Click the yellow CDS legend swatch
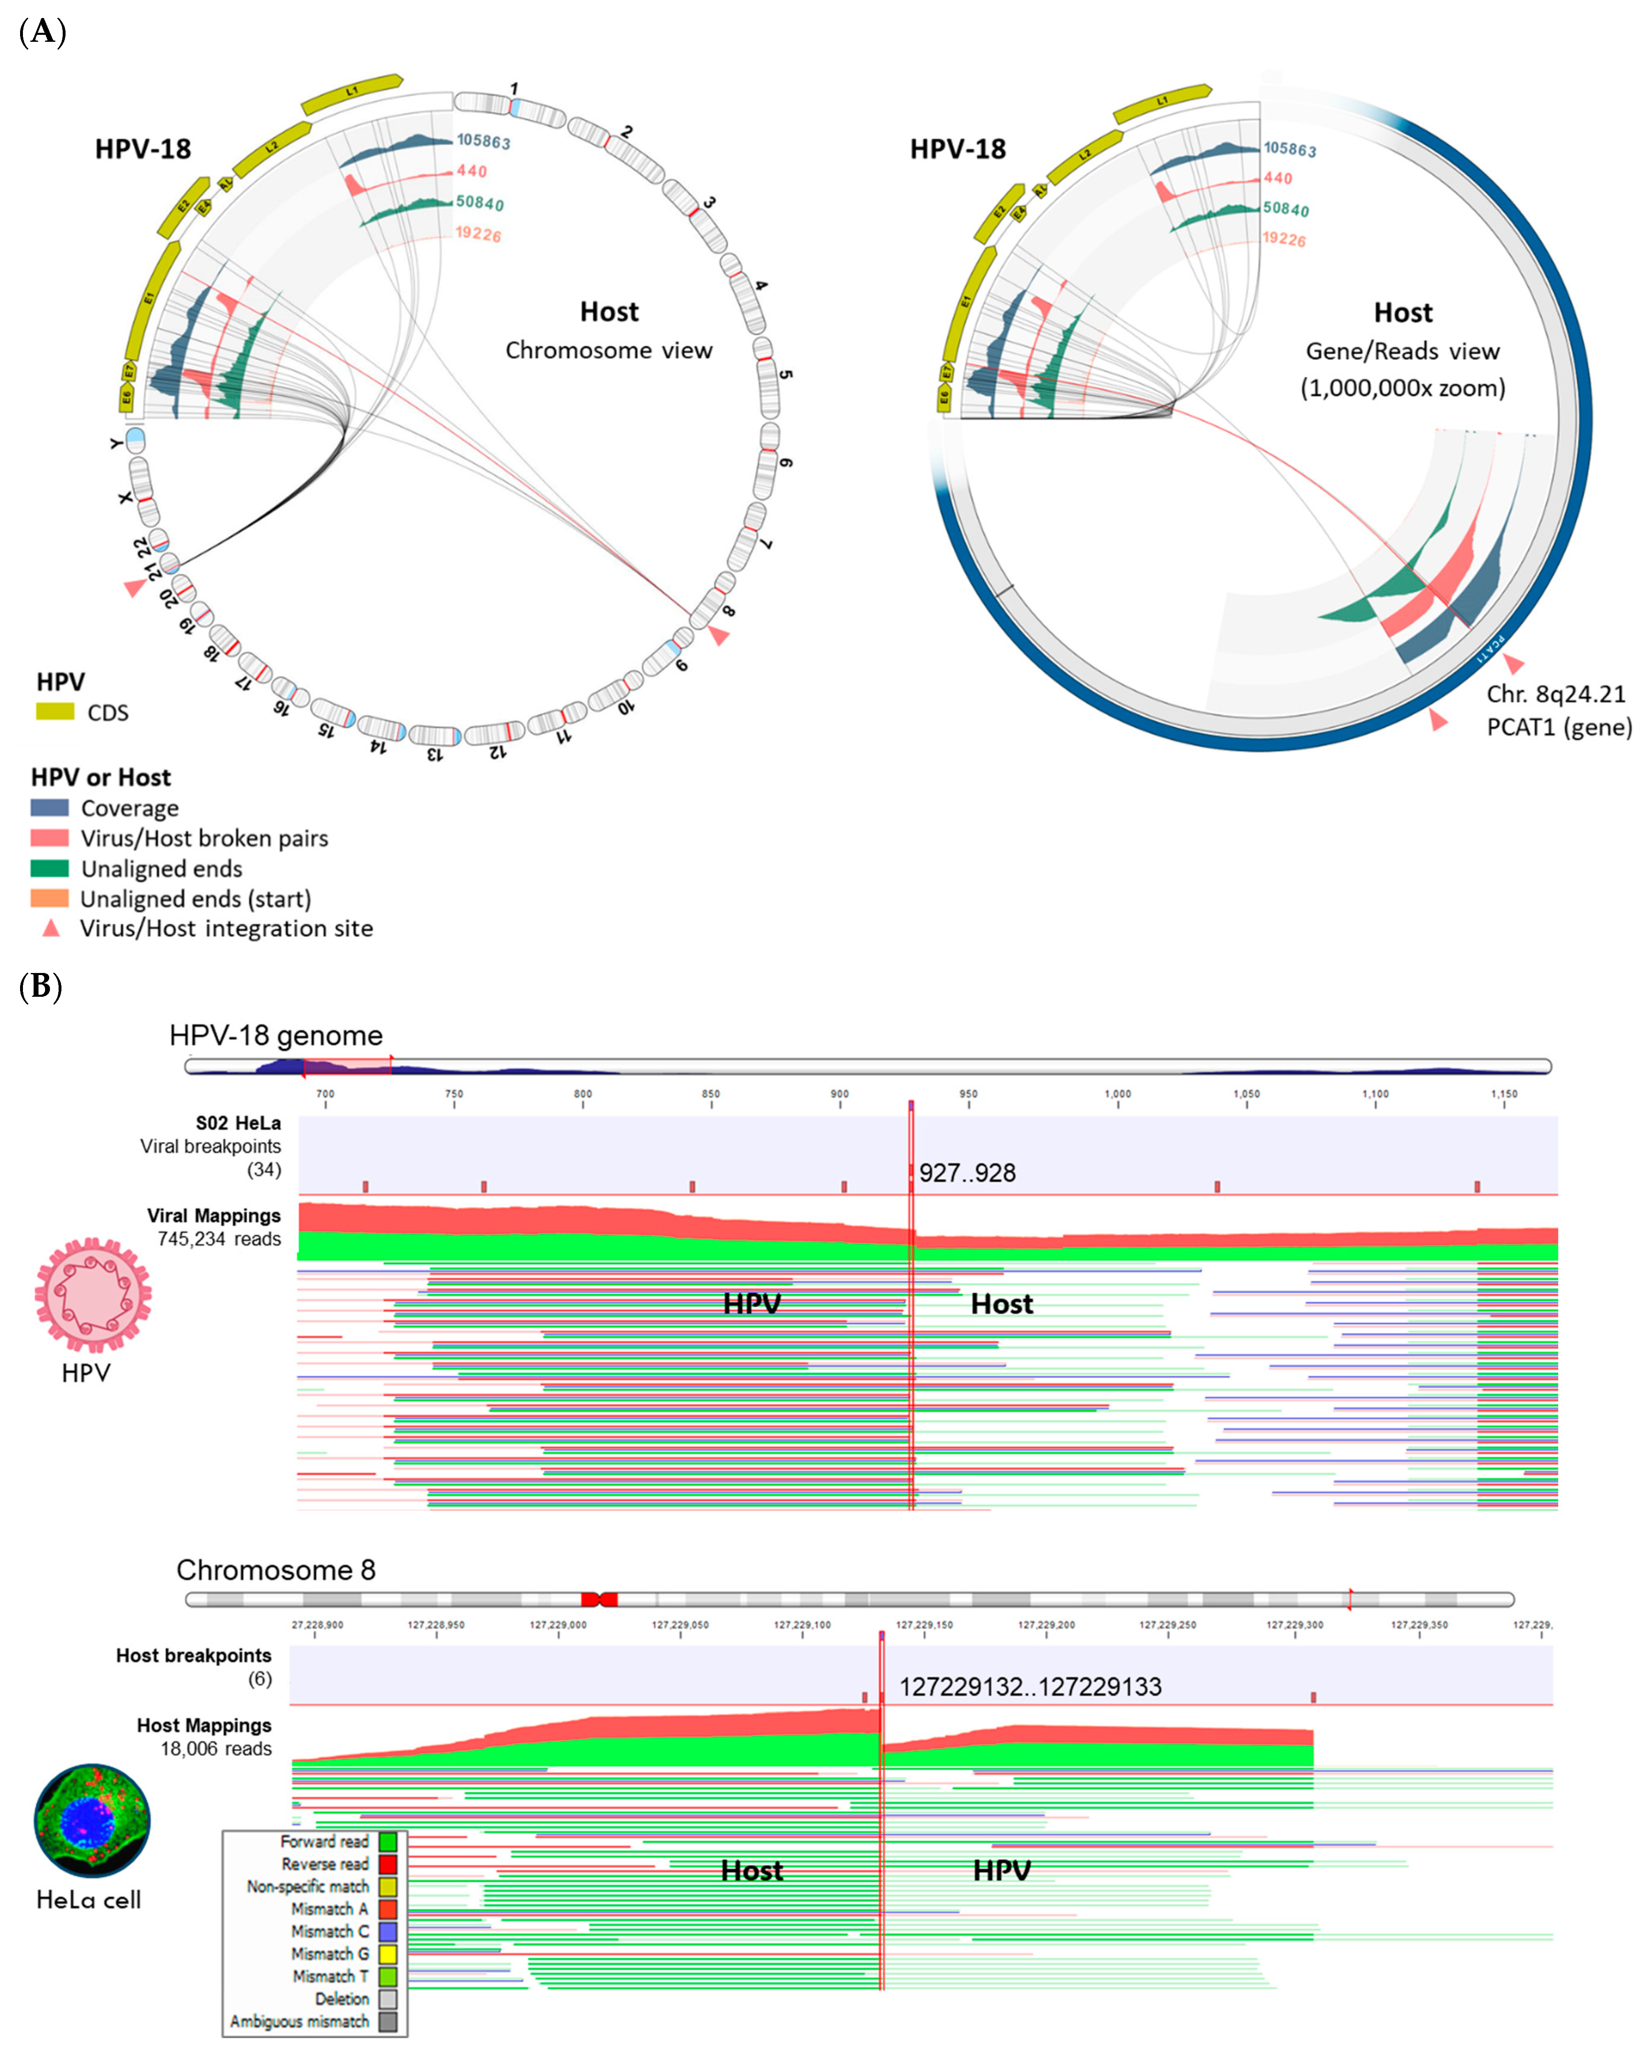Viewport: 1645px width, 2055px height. tap(54, 711)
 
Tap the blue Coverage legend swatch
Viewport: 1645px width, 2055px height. tap(50, 807)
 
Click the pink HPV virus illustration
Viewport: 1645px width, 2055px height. tap(93, 1294)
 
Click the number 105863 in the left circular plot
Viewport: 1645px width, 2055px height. tap(483, 141)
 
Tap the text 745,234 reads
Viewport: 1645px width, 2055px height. tap(219, 1239)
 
